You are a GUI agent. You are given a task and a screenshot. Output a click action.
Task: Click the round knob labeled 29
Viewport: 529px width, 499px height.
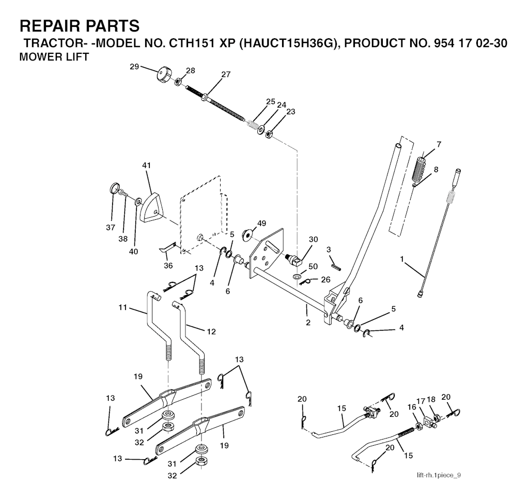click(164, 74)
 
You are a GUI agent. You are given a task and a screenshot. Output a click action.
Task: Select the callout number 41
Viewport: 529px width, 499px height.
click(146, 165)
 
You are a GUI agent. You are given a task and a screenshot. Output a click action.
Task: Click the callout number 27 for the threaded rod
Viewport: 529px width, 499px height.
click(226, 74)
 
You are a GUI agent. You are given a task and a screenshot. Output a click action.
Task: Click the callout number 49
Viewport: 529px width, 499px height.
click(261, 223)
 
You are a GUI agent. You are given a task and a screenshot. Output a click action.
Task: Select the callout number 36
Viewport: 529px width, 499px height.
click(168, 266)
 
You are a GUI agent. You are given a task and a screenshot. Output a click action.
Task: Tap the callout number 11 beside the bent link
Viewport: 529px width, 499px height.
click(123, 308)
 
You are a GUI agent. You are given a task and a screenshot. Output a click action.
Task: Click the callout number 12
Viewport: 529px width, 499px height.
click(211, 331)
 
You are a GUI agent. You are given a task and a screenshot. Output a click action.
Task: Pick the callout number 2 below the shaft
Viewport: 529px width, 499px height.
click(308, 323)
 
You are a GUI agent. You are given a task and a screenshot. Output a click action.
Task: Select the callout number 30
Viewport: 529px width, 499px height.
click(314, 239)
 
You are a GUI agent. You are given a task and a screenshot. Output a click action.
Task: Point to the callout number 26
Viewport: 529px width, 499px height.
click(325, 280)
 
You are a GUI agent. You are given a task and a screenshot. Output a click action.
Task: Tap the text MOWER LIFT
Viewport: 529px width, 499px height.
click(54, 57)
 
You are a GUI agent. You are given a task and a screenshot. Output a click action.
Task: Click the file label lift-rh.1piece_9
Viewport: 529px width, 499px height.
click(439, 475)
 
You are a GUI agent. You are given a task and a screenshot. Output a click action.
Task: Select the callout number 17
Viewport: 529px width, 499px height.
click(421, 402)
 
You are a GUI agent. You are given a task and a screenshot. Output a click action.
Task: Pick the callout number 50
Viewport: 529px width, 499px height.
click(313, 266)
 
